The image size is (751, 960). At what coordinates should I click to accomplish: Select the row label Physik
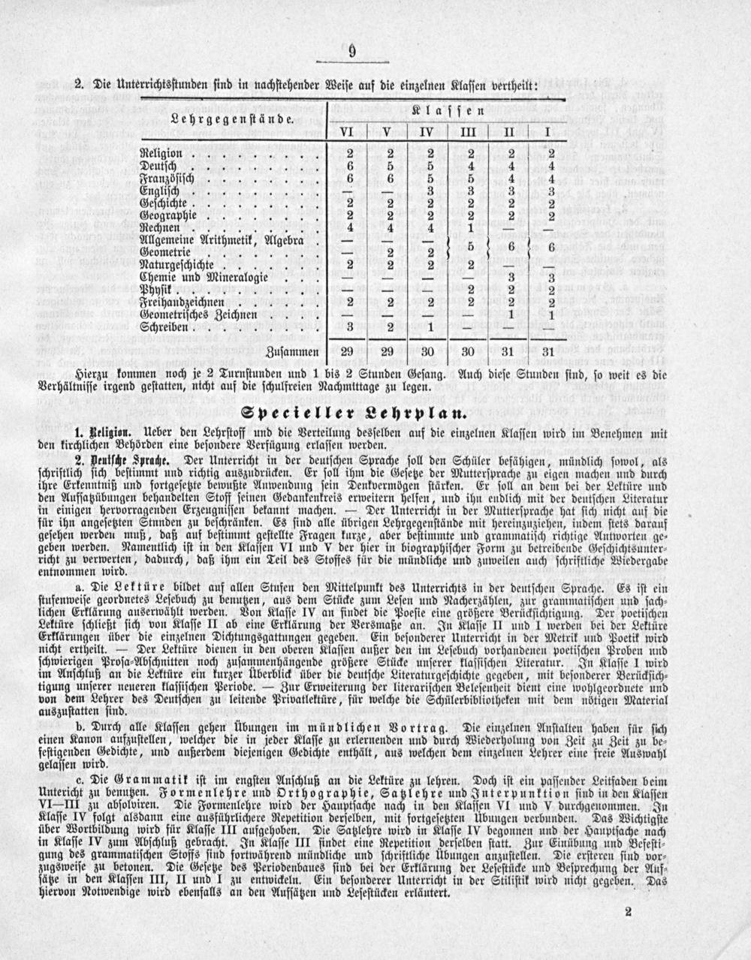[x=156, y=290]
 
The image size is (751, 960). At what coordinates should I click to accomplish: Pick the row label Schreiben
[x=165, y=327]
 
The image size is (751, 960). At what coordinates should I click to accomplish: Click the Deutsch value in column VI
[x=348, y=167]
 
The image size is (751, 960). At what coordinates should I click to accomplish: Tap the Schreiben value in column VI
[x=348, y=327]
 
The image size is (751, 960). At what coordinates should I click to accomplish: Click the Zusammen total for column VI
[x=348, y=352]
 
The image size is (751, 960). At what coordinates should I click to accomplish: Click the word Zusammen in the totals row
[x=294, y=352]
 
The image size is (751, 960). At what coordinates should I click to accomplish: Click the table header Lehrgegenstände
[x=230, y=119]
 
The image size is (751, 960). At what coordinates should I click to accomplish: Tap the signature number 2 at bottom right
[x=628, y=912]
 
